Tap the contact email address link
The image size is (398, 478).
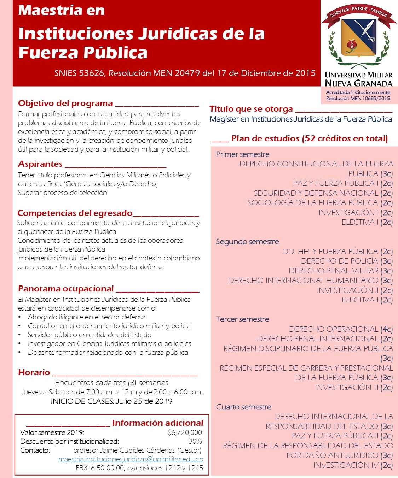coord(131,459)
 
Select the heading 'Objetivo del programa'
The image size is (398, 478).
coord(65,103)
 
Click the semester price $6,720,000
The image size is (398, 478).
coord(185,432)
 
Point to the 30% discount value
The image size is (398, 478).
coord(195,441)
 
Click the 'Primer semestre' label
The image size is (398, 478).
coord(243,154)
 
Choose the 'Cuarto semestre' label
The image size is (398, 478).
coord(243,407)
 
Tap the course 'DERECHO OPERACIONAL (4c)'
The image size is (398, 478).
coord(341,329)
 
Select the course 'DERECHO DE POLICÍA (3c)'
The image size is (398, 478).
coord(347,261)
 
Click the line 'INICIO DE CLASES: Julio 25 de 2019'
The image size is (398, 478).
coord(111,401)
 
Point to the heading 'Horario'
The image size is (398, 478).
coord(34,372)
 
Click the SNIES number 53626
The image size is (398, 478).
coord(92,73)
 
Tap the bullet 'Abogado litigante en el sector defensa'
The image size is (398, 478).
coord(87,317)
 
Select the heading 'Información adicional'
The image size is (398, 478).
coord(157,423)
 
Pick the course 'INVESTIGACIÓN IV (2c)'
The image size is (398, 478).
coord(353,465)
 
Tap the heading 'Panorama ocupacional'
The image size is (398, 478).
coord(66,289)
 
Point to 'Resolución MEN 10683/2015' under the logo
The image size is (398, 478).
coord(358,98)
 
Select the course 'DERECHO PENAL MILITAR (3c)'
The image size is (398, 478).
coord(340,271)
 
